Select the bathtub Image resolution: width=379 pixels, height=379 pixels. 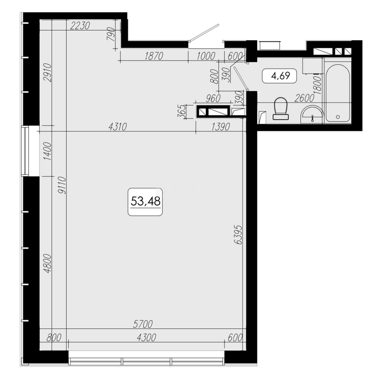tap(338, 93)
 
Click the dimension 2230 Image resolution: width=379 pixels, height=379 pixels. tap(80, 26)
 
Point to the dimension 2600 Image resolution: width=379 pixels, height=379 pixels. tap(304, 99)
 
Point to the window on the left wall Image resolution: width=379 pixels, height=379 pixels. tap(25, 151)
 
